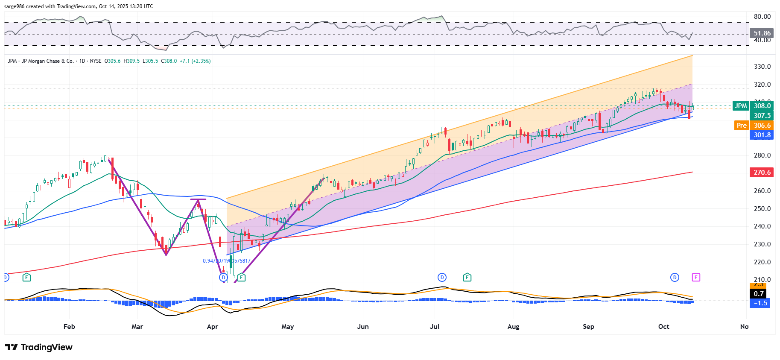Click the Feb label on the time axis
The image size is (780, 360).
pos(69,327)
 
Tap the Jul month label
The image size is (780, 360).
pos(435,327)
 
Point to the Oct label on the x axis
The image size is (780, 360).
pos(663,327)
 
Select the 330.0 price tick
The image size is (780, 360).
pos(762,67)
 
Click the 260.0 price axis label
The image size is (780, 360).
pos(762,191)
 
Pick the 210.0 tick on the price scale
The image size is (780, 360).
pos(762,280)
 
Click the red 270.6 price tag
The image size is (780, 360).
pos(762,173)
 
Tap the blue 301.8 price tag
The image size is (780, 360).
pos(762,135)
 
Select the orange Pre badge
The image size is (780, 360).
pos(742,126)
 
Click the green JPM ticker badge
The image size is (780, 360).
pos(741,106)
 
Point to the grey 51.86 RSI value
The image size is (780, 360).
pos(762,33)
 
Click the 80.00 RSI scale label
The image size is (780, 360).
pos(762,17)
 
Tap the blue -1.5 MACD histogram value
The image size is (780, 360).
pos(760,303)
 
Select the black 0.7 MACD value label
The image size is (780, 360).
pos(759,294)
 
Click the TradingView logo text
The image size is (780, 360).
pos(46,347)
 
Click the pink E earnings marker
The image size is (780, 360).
pos(695,278)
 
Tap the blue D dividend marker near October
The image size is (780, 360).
pos(675,278)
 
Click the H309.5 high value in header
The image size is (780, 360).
pos(131,61)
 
